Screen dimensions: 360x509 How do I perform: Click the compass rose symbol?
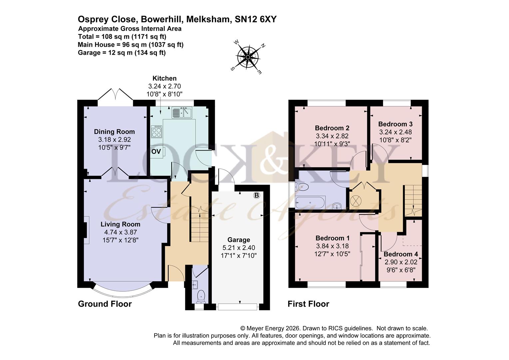[x=248, y=57]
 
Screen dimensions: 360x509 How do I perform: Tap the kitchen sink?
[x=182, y=113]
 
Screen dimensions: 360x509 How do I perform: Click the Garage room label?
[x=239, y=240]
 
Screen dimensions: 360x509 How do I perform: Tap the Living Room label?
[x=120, y=224]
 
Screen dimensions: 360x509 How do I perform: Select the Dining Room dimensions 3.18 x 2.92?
[x=114, y=140]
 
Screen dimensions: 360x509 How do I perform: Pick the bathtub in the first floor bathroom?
[x=309, y=202]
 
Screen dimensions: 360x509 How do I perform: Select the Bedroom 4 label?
[x=401, y=254]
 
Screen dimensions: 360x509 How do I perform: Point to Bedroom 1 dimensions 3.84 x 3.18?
[x=332, y=246]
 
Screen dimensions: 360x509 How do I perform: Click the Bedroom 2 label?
[x=332, y=128]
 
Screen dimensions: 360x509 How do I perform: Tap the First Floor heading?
[x=308, y=304]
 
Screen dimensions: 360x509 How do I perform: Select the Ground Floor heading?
[x=105, y=304]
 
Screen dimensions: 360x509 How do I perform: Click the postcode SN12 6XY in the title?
[x=255, y=19]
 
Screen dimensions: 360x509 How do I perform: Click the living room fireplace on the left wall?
[x=86, y=230]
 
